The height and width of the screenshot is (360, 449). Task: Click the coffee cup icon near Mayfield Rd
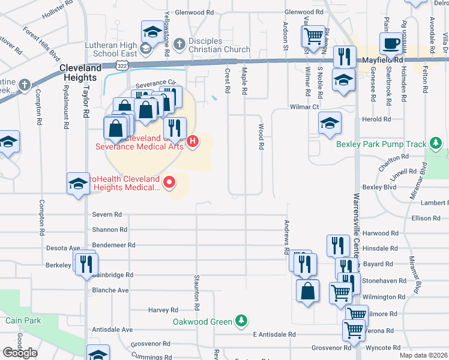pyautogui.click(x=391, y=44)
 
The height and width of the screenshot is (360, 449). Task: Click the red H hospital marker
pyautogui.click(x=193, y=142)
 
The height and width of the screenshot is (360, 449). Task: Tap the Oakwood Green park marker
pyautogui.click(x=241, y=321)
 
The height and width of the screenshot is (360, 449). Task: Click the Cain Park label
pyautogui.click(x=23, y=320)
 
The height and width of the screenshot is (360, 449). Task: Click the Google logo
pyautogui.click(x=20, y=352)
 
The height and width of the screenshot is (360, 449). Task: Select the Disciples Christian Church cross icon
pyautogui.click(x=178, y=44)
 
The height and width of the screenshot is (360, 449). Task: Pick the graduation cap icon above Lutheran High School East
pyautogui.click(x=152, y=31)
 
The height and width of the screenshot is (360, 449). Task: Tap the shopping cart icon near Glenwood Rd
pyautogui.click(x=313, y=37)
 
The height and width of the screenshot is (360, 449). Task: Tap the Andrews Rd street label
pyautogui.click(x=286, y=235)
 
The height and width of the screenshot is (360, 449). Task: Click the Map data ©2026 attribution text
pyautogui.click(x=423, y=355)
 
